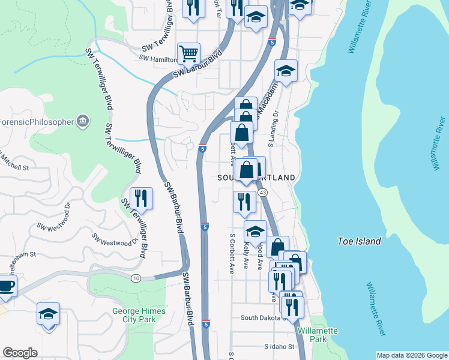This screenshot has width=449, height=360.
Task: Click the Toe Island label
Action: [x=360, y=241]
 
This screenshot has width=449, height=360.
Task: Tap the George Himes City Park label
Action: [x=133, y=315]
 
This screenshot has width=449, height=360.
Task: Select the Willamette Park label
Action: [x=318, y=335]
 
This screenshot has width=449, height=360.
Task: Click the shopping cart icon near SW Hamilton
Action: [x=188, y=53]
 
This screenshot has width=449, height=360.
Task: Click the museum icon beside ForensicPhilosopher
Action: [x=83, y=122]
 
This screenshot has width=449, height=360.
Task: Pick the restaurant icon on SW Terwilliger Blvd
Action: [x=141, y=198]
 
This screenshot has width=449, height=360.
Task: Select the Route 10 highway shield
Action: [x=136, y=278]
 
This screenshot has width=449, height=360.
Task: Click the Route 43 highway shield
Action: [x=263, y=193]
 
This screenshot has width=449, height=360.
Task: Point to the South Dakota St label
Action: [x=264, y=317]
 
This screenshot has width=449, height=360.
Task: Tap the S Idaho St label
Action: [x=280, y=347]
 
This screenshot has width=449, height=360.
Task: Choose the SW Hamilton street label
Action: [x=157, y=58]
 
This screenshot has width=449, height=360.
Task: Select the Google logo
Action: [x=20, y=353]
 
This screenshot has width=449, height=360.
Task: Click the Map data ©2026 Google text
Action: [x=412, y=355]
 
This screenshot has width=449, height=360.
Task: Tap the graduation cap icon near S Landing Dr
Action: [x=286, y=71]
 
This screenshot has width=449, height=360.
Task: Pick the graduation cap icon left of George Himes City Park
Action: [x=49, y=314]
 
